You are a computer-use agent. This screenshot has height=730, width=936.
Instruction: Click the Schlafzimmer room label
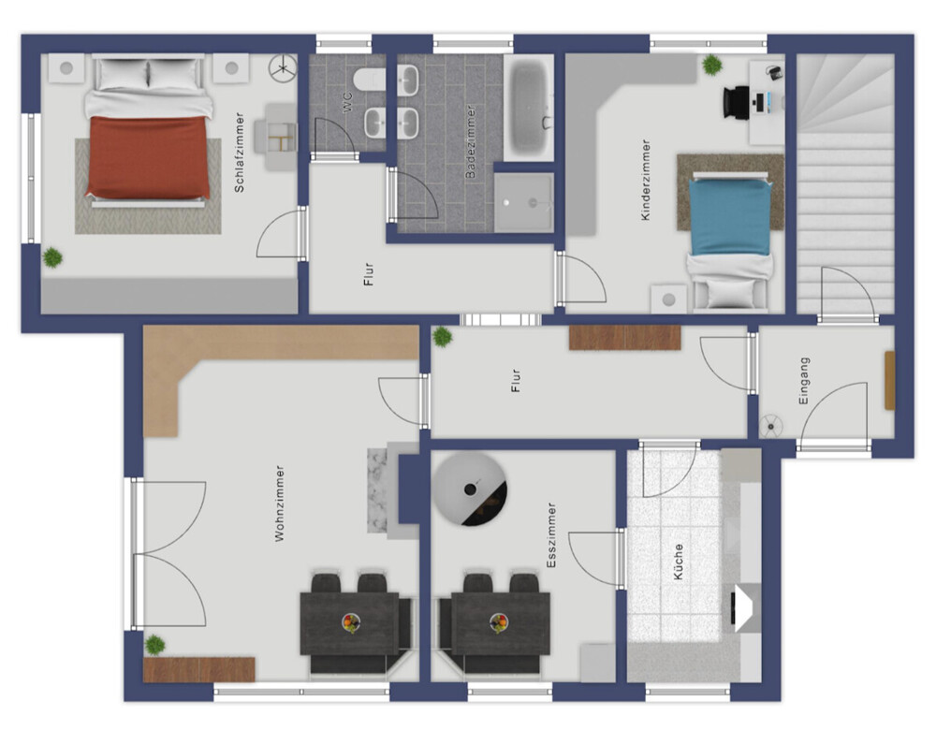240,153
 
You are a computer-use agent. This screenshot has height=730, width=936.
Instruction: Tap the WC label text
348,103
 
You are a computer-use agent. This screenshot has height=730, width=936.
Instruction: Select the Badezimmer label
471,141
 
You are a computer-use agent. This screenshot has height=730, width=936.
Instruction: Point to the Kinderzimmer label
645,181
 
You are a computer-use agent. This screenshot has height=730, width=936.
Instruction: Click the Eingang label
804,381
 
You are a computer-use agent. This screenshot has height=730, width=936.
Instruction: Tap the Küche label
678,562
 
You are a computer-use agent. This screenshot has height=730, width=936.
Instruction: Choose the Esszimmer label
551,535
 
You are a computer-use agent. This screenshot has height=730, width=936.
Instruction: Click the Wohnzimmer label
279,504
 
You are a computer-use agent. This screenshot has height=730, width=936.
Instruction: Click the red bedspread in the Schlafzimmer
148,157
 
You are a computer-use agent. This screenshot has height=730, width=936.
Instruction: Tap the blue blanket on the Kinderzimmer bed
729,216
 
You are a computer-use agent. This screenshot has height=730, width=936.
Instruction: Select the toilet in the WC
369,80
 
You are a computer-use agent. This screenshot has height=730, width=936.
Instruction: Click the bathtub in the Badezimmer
529,108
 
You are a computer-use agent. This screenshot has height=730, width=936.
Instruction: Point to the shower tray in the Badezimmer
523,203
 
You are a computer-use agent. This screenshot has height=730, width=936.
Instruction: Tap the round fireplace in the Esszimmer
470,489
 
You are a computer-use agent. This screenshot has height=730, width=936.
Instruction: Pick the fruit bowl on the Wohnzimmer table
351,623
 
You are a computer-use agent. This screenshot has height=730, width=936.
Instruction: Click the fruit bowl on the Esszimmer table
499,623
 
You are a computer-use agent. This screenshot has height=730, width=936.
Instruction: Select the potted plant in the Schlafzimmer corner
52,258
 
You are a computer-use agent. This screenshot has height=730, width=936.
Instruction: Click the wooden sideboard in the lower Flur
624,337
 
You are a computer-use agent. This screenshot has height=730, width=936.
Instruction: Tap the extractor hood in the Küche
746,607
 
